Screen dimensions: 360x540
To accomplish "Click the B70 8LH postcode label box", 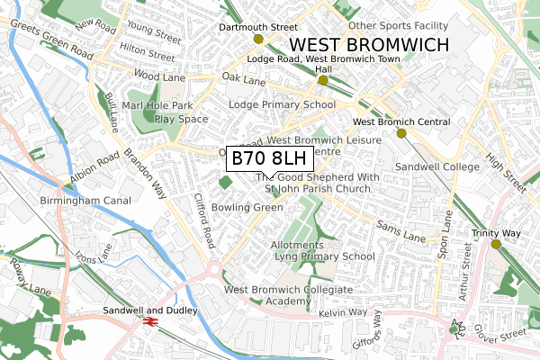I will tap(269, 159).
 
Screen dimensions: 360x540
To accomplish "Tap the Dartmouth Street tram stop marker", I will tap(259, 39).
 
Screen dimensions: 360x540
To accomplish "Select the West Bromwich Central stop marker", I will tap(401, 133).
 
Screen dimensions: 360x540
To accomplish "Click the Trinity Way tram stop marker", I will tap(496, 244).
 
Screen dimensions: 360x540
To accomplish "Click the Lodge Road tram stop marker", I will tap(322, 80).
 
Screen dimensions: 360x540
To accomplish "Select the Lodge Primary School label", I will tap(282, 104).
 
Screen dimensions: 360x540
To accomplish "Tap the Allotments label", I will tap(296, 245).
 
